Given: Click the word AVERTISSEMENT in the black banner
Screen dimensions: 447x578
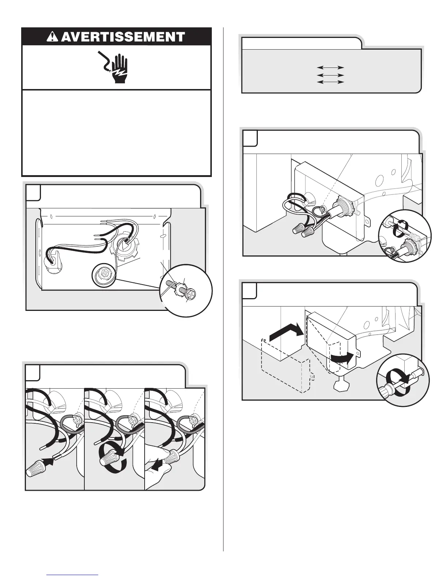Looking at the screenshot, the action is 123,37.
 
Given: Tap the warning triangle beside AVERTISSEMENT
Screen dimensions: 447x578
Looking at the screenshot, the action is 54,37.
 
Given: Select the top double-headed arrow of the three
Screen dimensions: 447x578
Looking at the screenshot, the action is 331,68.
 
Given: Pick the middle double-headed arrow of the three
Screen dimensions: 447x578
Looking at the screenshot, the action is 331,75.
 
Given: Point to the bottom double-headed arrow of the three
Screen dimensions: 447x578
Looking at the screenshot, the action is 331,82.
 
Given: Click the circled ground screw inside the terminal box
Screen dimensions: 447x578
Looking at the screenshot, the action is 104,273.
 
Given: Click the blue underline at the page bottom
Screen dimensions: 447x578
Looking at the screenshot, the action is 73,575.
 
